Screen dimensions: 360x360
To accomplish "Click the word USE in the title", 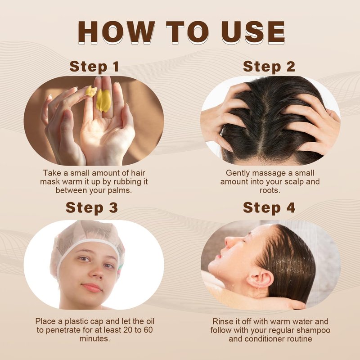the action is [x=253, y=32].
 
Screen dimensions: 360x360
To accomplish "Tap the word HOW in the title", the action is [x=116, y=32].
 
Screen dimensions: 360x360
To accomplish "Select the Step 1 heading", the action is [x=94, y=67].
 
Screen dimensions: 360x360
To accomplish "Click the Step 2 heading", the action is [x=269, y=67].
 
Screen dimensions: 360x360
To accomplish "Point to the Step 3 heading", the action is [x=92, y=208].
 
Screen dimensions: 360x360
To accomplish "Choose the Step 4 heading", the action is [x=269, y=208].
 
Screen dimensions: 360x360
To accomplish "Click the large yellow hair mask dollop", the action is [x=103, y=100].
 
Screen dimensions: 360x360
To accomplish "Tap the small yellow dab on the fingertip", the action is [x=91, y=91].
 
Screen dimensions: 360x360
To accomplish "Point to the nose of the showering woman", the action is [x=230, y=241].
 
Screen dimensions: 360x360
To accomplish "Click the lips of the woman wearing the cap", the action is [x=92, y=287].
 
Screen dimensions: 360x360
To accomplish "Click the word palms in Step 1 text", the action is [x=121, y=190].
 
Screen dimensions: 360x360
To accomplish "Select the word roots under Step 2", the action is [x=270, y=190].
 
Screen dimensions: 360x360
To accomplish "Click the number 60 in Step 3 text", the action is [x=148, y=330].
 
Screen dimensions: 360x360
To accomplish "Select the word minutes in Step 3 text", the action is [x=94, y=339].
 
